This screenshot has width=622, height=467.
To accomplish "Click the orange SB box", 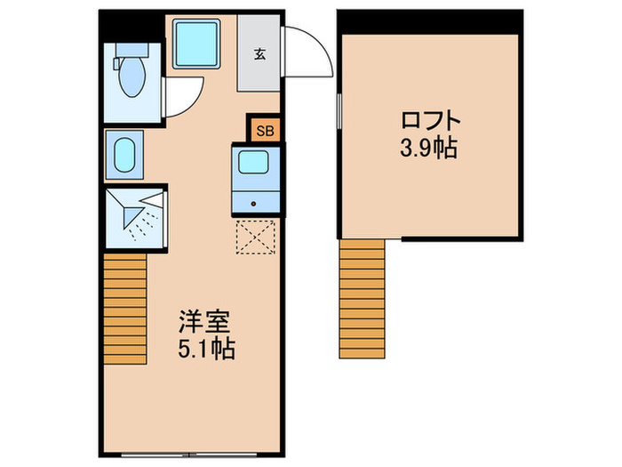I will click(265, 130).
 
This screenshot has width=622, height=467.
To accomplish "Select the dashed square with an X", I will click(258, 236).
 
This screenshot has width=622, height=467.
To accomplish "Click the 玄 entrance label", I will click(259, 53).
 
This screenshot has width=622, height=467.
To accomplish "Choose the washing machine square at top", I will click(197, 44).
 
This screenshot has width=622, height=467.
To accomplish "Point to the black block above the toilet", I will click(132, 24).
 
